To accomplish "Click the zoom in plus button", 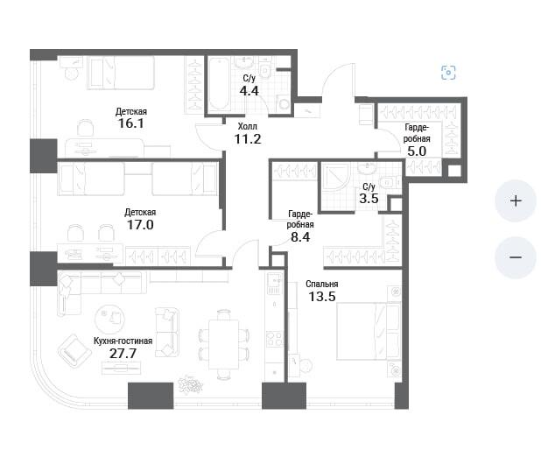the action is (x=516, y=200).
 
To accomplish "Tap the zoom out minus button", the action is (x=516, y=257).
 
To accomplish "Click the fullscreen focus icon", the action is (x=448, y=73).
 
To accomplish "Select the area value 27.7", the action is (x=123, y=354).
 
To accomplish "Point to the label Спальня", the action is (x=322, y=284).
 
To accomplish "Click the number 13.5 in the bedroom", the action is (x=322, y=296).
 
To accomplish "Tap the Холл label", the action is (x=248, y=126).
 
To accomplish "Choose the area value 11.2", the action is (x=248, y=139).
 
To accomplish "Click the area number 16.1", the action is (x=131, y=123).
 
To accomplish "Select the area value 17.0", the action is (x=140, y=224).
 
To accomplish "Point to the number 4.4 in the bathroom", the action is (x=249, y=91).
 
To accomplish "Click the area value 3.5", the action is (x=369, y=198).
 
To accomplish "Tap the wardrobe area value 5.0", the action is (x=417, y=151).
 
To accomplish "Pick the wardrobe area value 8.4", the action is (x=300, y=237).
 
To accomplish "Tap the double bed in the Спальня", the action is (x=363, y=331).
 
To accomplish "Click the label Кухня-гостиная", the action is (x=123, y=341).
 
